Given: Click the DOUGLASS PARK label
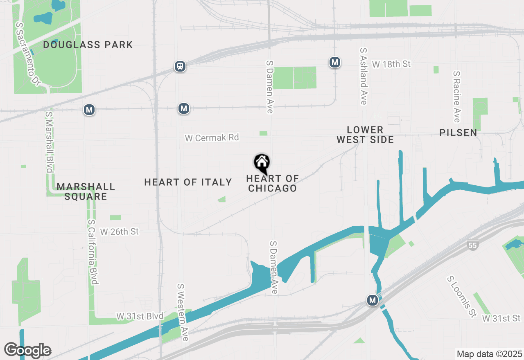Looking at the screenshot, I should tap(88, 45).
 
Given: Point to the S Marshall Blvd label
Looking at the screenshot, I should tap(50, 142).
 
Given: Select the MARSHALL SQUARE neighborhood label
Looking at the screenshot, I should tap(86, 191).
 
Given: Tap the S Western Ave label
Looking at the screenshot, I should tap(183, 313).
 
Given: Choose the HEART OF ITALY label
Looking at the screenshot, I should tap(188, 182).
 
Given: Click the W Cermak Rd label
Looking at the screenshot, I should tap(212, 138).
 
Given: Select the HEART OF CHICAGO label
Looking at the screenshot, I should tap(272, 183).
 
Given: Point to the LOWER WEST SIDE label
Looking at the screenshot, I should tap(365, 135).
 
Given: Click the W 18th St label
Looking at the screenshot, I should tap(391, 64).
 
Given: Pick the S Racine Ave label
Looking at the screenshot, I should tap(457, 97).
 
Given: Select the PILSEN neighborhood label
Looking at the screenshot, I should tap(458, 133).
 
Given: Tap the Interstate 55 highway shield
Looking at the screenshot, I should tap(472, 245).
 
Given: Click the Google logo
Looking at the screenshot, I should tap(28, 351).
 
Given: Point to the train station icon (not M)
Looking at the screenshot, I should tap(180, 66).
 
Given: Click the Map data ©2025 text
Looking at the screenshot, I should tap(489, 354).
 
